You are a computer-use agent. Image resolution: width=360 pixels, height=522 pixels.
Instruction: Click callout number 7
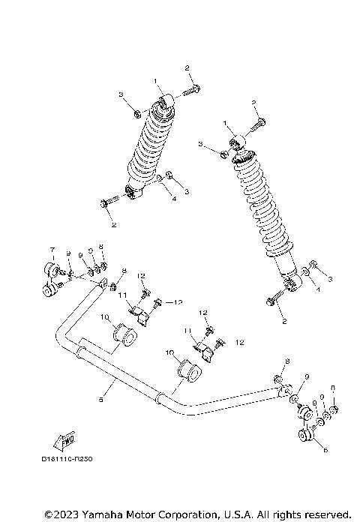52,249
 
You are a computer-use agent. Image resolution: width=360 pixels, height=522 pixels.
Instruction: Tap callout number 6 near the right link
325,450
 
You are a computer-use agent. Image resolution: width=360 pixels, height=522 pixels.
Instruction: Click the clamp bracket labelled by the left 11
137,313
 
